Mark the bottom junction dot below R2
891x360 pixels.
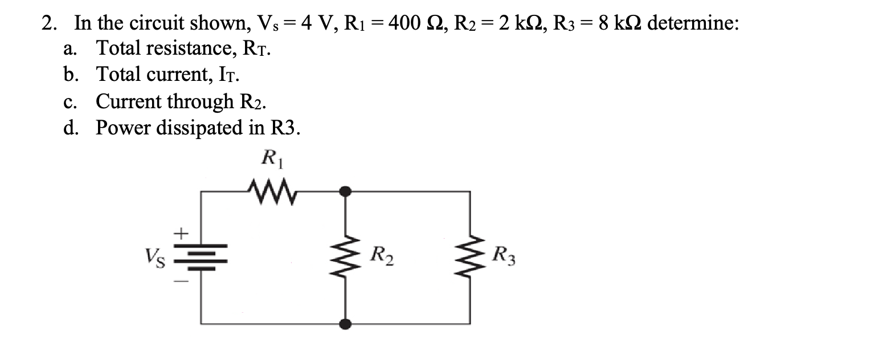click(x=345, y=324)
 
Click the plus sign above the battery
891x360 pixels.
click(x=180, y=233)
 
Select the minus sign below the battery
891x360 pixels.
click(x=180, y=283)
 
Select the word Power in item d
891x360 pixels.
click(x=121, y=128)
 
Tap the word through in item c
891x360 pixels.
click(x=196, y=101)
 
